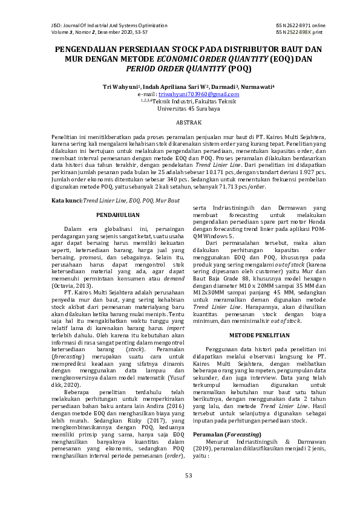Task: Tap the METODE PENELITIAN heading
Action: tap(254, 335)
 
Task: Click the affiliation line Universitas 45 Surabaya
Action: tap(180, 109)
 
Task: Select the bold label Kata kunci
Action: tap(66, 199)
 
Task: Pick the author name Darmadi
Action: tap(223, 87)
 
